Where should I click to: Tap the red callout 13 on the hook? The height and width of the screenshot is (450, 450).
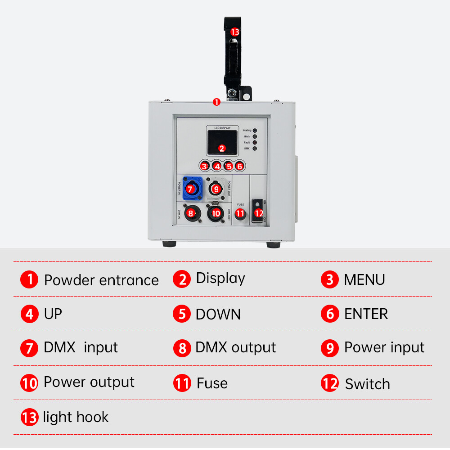tap(234, 32)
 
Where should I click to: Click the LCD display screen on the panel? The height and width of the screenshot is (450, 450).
tap(221, 143)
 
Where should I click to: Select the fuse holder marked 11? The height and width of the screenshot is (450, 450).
tap(240, 213)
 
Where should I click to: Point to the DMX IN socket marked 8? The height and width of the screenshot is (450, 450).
tap(191, 213)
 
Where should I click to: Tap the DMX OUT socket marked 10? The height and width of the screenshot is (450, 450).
tap(216, 213)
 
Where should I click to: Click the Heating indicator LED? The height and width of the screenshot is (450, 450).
tap(255, 130)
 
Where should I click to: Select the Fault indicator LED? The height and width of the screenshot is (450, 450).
tap(255, 142)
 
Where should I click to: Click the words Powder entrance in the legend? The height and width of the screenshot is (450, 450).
tap(101, 280)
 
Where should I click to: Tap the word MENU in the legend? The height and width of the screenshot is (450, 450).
tap(364, 279)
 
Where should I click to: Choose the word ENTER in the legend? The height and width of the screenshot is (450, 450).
tap(366, 314)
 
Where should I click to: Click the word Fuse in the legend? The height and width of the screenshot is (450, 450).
tap(212, 383)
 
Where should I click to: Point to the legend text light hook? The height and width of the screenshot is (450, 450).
tap(76, 417)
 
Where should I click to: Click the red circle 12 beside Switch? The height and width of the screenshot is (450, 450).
tap(330, 383)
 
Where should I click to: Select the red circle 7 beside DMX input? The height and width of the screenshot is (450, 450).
tap(29, 348)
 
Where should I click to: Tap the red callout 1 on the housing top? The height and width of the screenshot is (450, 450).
tap(216, 102)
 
